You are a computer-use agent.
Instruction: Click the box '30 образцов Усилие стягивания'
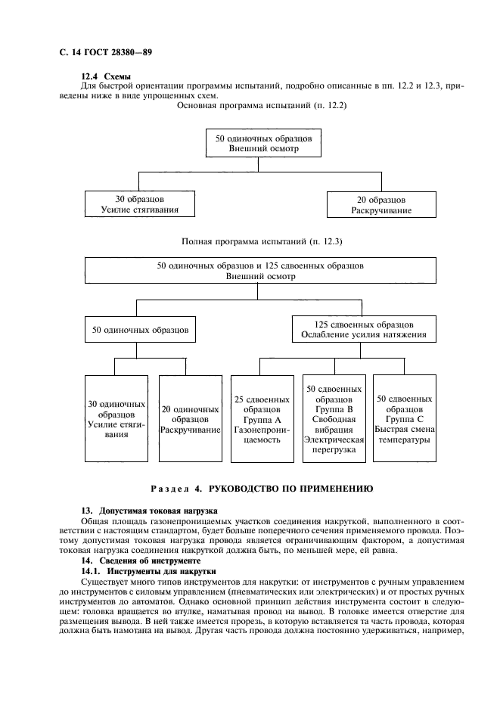click(138, 205)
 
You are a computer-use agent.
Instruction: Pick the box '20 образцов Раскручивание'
click(381, 205)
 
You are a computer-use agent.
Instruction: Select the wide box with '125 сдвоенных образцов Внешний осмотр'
click(260, 272)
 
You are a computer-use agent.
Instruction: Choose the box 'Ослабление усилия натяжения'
click(363, 330)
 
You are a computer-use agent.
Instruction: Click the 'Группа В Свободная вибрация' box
click(334, 418)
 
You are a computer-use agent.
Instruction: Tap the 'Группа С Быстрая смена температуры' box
click(405, 418)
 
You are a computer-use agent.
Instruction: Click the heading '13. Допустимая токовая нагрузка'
click(149, 511)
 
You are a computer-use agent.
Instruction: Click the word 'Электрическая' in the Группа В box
click(334, 439)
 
